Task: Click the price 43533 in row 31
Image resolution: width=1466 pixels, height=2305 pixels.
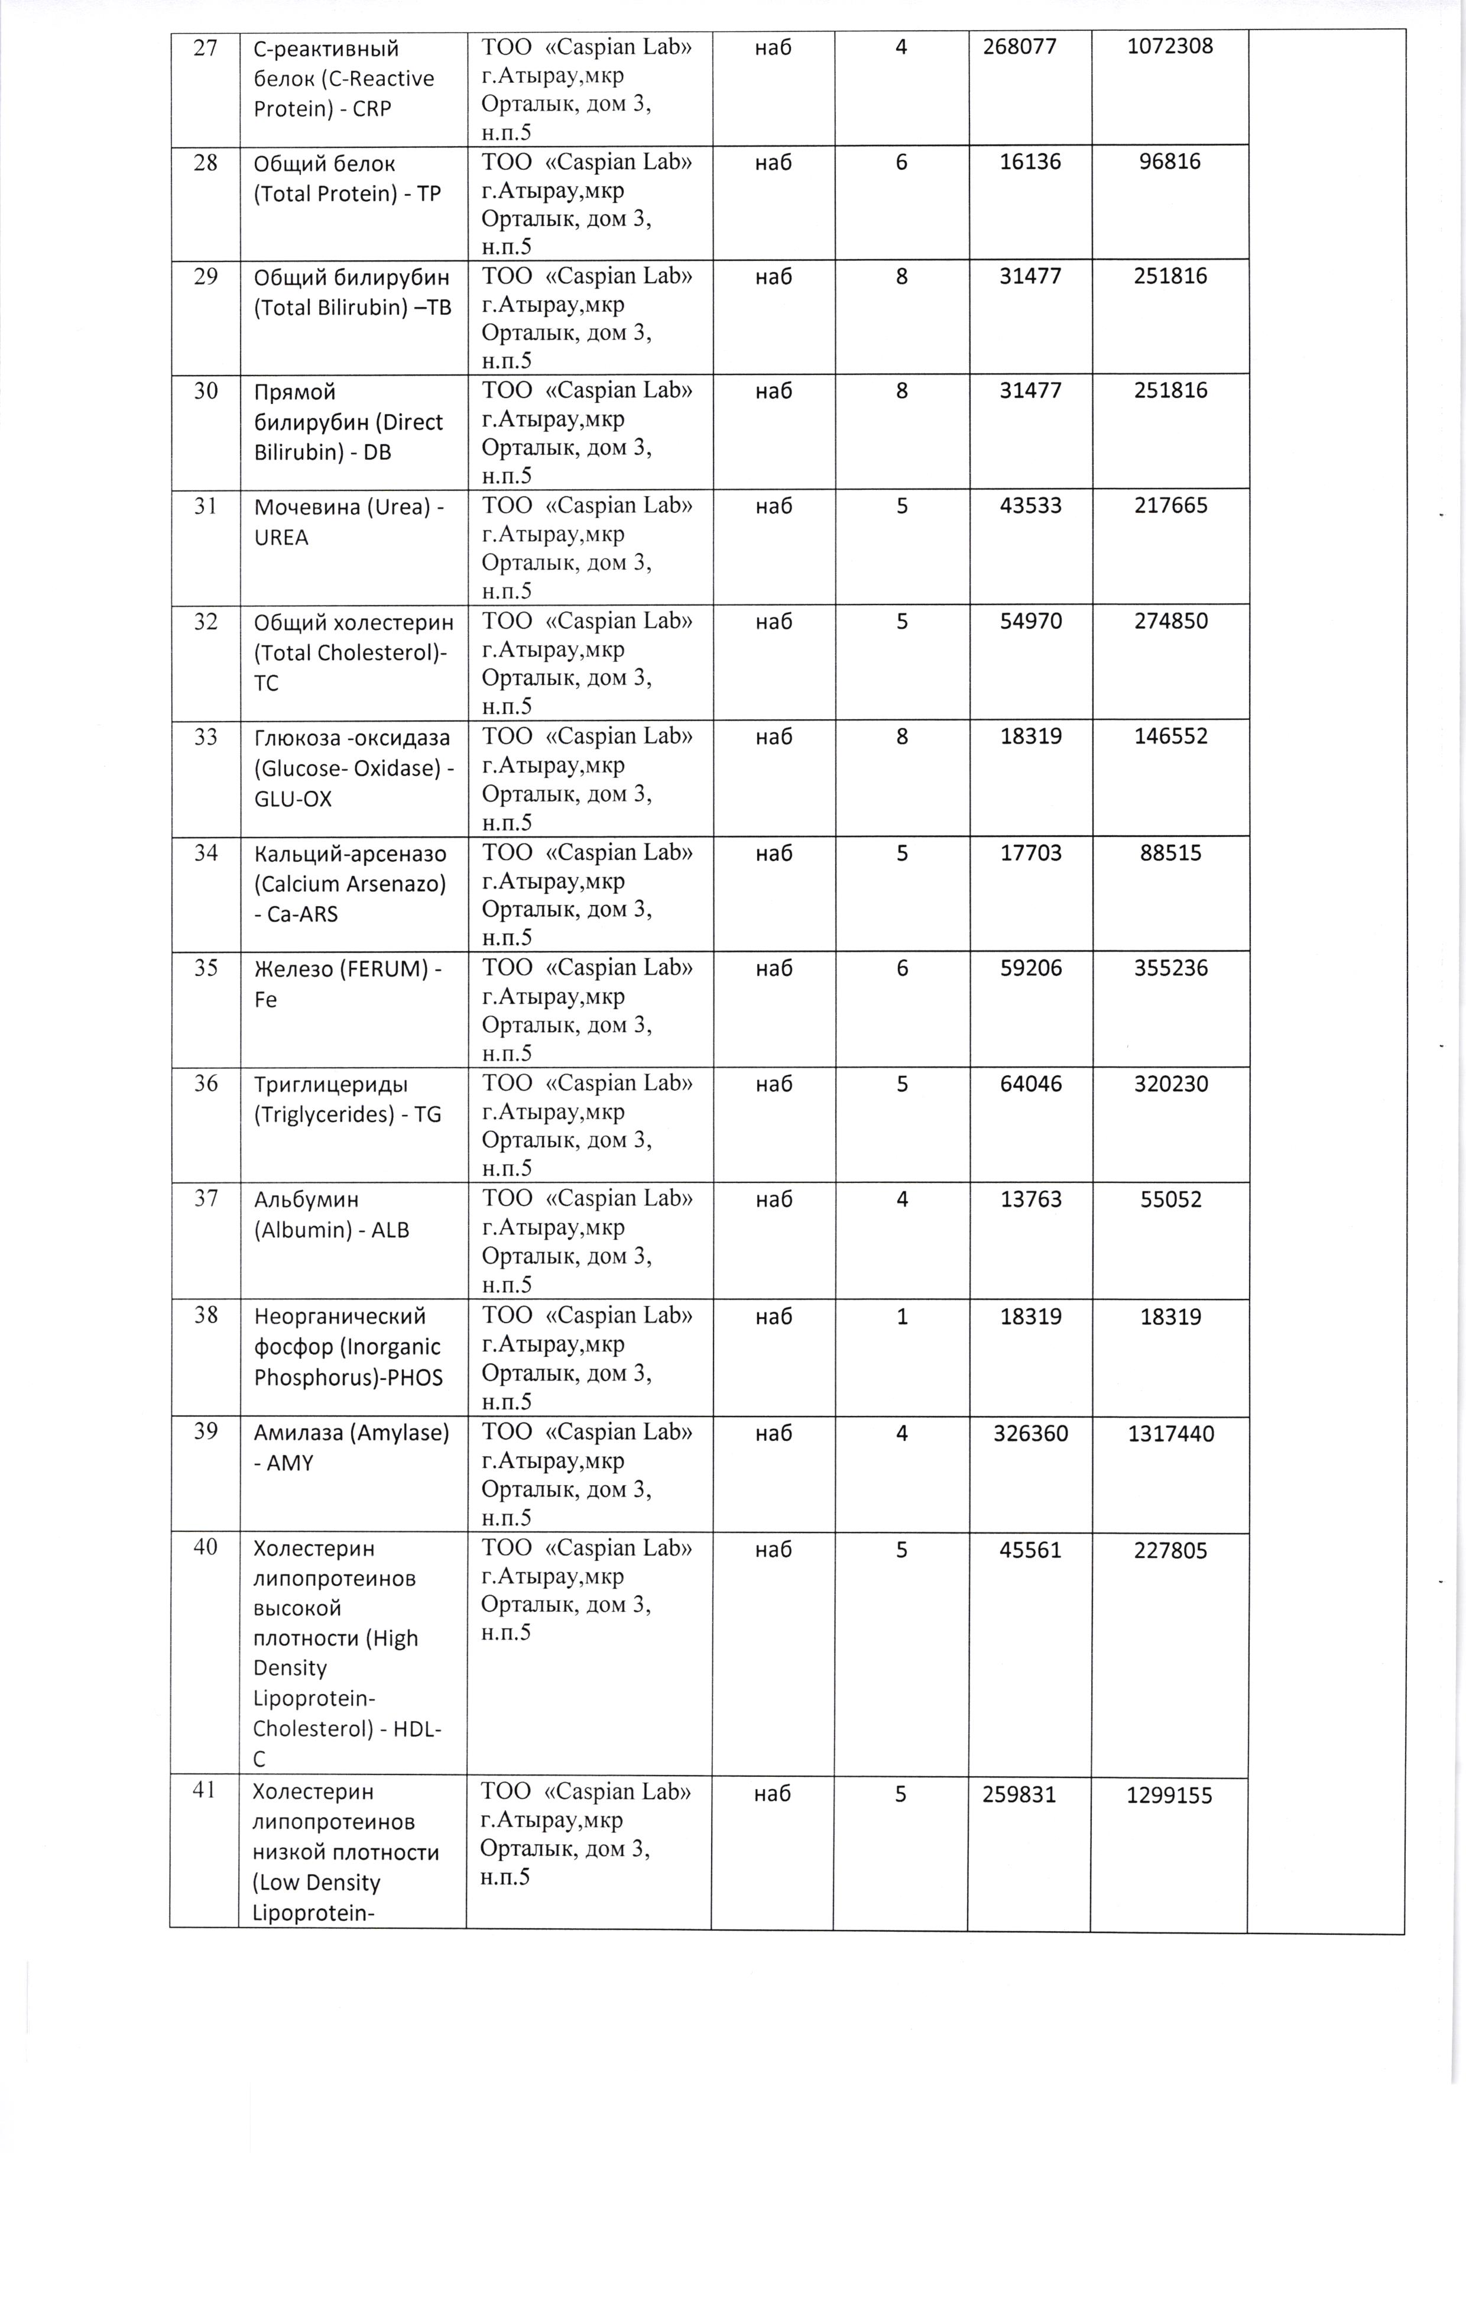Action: [x=1030, y=505]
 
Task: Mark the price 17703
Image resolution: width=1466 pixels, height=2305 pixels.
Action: [x=1030, y=853]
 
